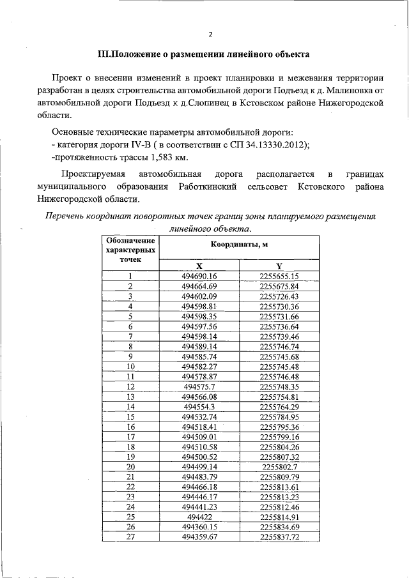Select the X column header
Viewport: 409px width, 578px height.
[199, 266]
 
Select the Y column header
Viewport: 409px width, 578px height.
[279, 266]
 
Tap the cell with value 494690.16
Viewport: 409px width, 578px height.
[199, 277]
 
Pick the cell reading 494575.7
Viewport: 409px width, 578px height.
[199, 386]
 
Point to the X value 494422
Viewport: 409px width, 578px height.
[199, 516]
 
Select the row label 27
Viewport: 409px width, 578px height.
[131, 536]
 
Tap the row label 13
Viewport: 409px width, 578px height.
[131, 397]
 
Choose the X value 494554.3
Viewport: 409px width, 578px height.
[199, 406]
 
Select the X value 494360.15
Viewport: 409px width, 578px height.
[199, 526]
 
